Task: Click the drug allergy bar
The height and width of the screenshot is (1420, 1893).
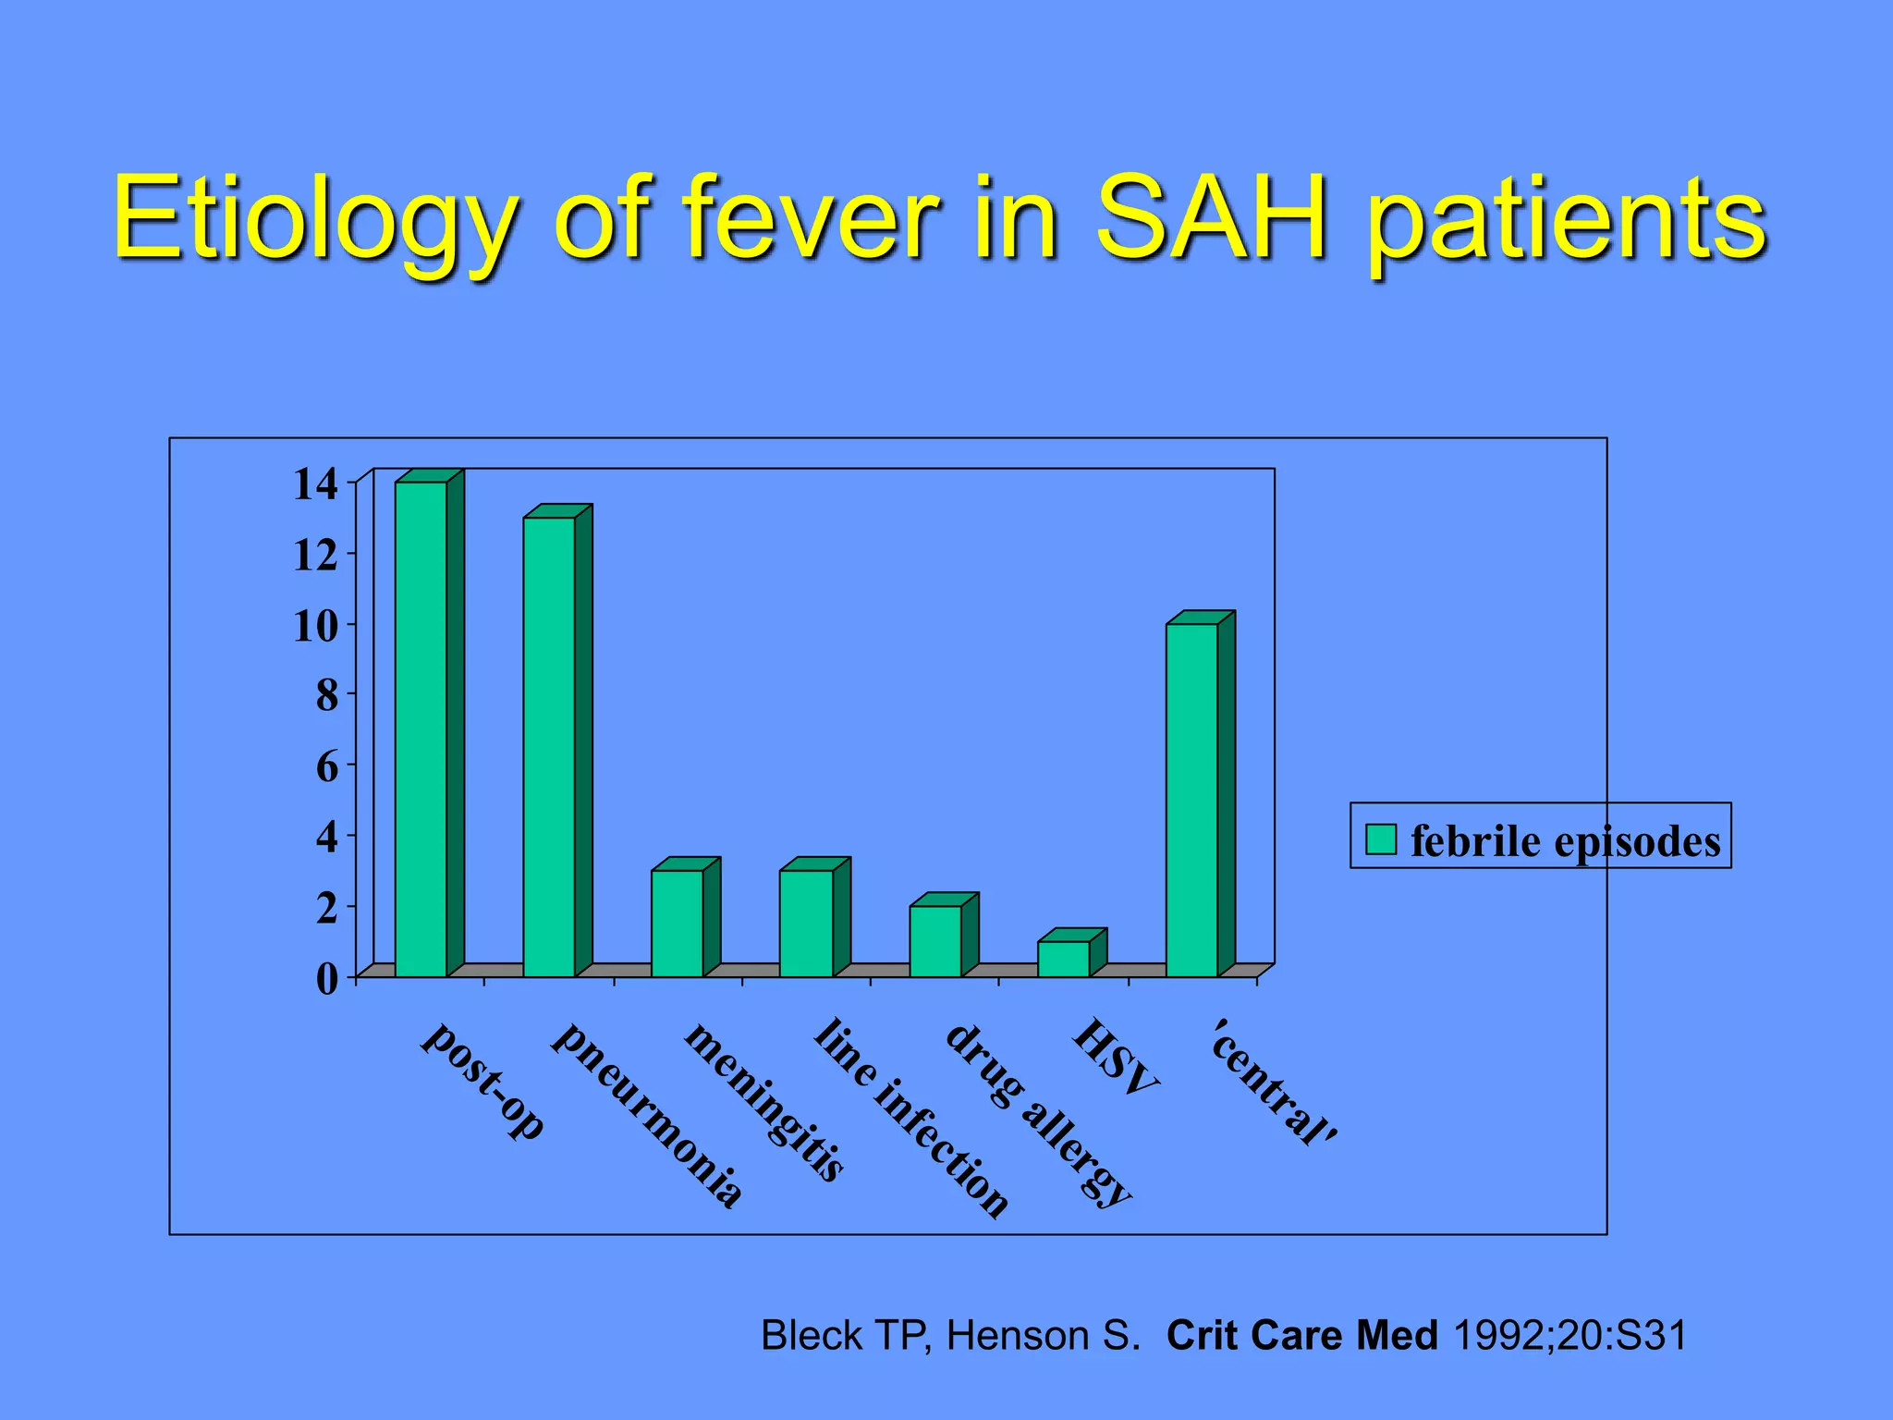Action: click(x=934, y=940)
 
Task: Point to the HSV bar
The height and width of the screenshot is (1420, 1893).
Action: click(x=1063, y=959)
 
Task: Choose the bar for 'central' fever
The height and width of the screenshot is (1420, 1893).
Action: click(x=1191, y=800)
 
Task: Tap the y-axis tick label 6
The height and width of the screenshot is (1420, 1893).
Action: click(x=327, y=767)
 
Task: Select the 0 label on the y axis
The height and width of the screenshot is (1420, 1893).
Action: click(x=327, y=978)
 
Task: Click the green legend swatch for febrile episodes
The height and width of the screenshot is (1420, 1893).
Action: click(x=1381, y=839)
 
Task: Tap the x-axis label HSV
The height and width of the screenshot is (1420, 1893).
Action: click(x=1115, y=1057)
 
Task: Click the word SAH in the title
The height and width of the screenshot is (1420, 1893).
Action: click(x=1211, y=220)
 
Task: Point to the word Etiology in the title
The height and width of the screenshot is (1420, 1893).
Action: click(x=314, y=220)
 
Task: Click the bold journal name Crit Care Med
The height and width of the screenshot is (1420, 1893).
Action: click(x=1301, y=1336)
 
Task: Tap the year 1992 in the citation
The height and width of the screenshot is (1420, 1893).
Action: click(x=1496, y=1336)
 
